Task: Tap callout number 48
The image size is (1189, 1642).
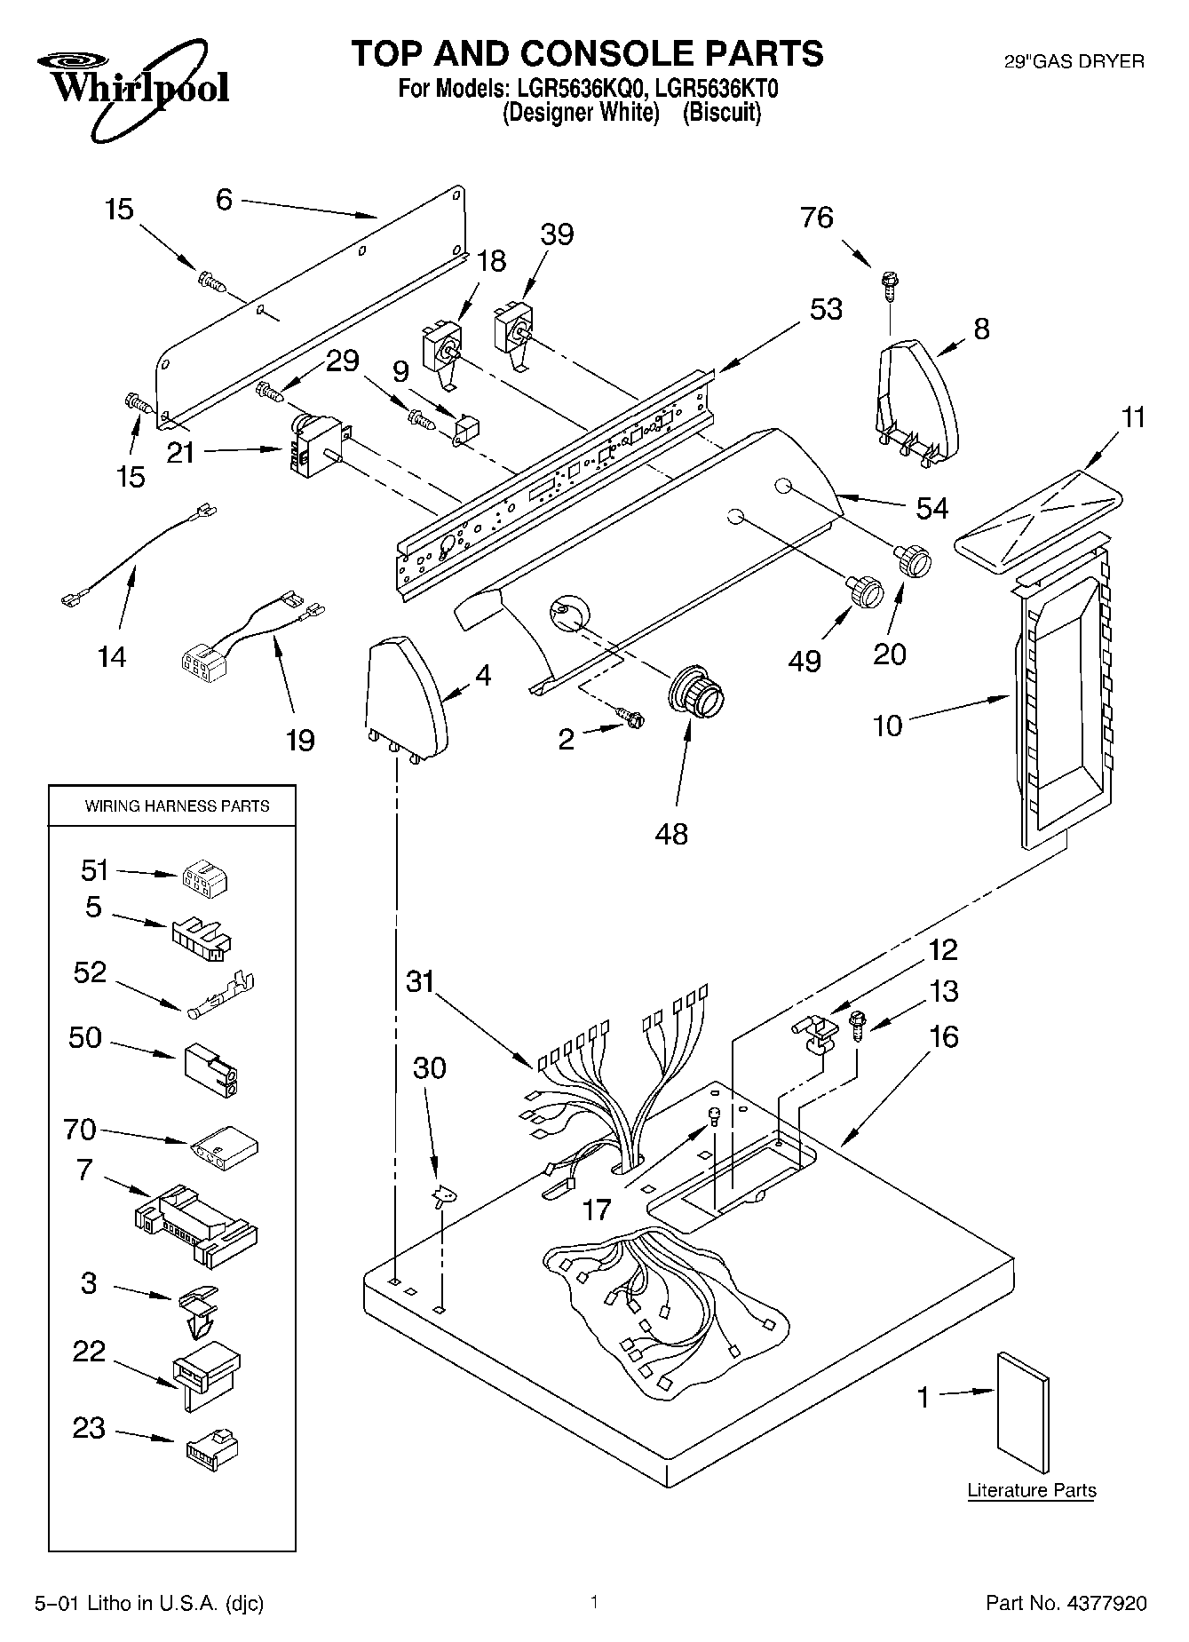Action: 671,834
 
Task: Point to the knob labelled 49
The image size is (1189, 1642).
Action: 864,591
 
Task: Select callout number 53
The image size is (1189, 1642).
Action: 826,309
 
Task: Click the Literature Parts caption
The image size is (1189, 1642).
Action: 1032,1489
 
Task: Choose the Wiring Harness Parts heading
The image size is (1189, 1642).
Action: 177,806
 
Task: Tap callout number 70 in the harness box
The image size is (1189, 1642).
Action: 79,1130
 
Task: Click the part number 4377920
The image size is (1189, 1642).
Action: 1066,1603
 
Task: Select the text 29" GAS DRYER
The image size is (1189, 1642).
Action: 1074,61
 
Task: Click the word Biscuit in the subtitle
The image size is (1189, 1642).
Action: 721,113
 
